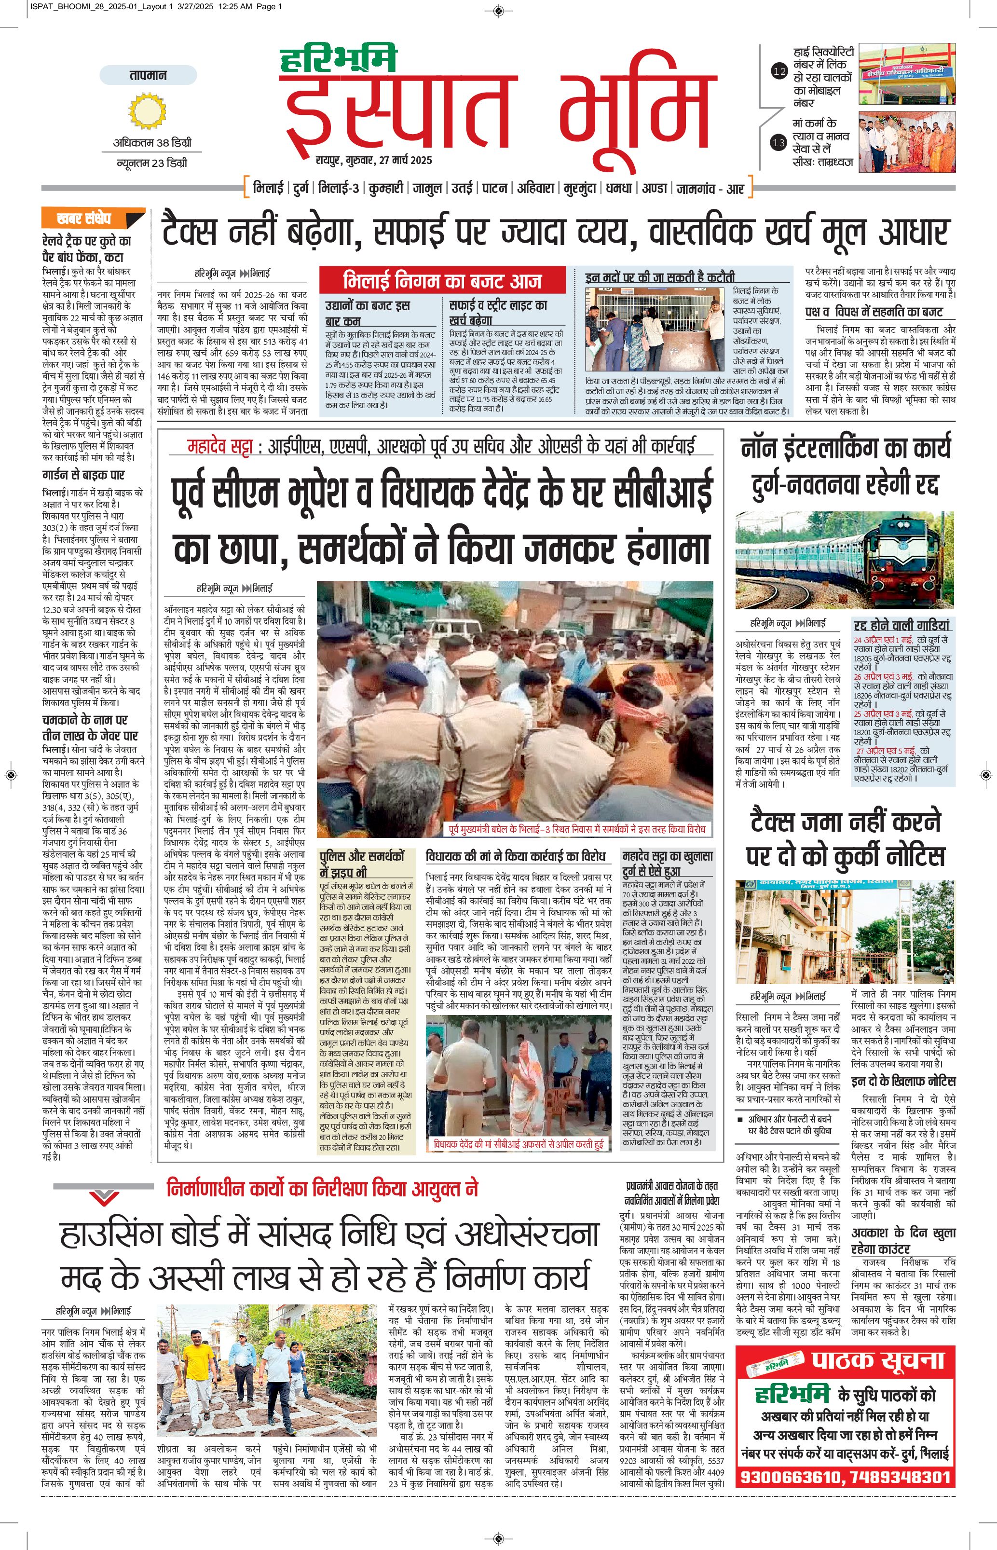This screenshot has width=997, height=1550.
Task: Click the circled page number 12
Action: coord(779,72)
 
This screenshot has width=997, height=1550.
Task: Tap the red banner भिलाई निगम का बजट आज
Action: coord(443,281)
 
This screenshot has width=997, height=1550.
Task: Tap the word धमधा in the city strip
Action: coord(618,189)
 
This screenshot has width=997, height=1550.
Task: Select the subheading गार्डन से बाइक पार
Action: coord(83,475)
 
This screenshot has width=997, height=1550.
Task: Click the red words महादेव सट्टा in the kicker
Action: coord(223,446)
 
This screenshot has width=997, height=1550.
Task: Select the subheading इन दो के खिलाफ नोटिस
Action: coord(903,1081)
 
